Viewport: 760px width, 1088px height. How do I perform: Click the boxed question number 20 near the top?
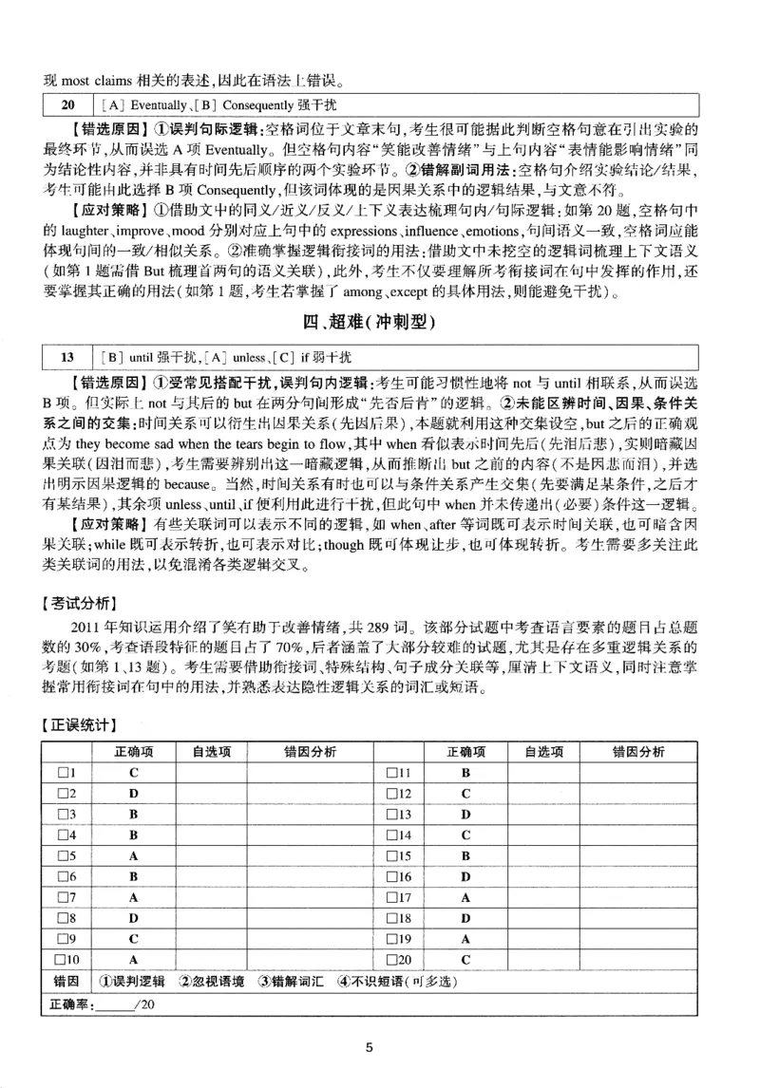point(66,102)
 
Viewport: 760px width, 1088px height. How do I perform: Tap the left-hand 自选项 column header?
point(210,752)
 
